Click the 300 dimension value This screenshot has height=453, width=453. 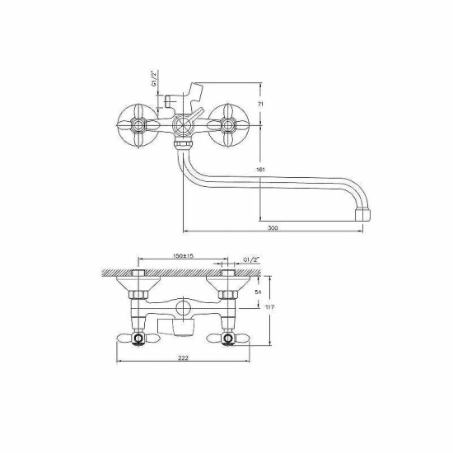tap(273, 228)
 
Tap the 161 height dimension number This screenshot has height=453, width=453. tap(260, 170)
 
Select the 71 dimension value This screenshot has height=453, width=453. tap(260, 105)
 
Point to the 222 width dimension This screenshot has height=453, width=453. tap(183, 358)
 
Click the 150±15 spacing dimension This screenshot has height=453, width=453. tap(183, 255)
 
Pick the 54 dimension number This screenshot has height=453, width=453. tap(258, 292)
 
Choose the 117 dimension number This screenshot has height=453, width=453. tap(269, 307)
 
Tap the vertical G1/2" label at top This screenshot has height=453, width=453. tap(154, 78)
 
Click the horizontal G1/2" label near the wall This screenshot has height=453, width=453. tap(251, 259)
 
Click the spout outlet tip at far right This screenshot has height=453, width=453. tap(362, 214)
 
